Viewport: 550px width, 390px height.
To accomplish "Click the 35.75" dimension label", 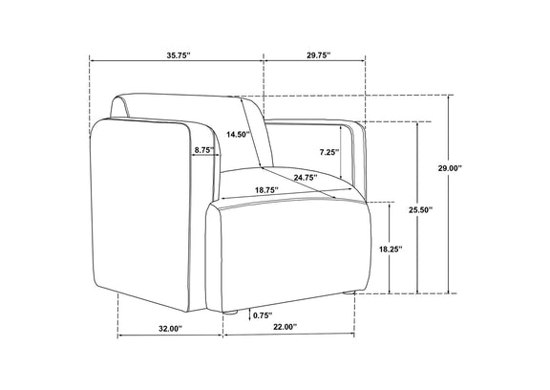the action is (179, 55).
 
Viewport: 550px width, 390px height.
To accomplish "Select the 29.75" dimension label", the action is (319, 55).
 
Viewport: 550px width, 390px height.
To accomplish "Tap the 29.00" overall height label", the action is (450, 168).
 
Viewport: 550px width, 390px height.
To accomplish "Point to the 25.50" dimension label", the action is (420, 210).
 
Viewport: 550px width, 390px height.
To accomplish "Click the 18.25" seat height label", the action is (391, 249).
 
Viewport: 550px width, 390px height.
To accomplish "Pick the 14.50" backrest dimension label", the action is (238, 134).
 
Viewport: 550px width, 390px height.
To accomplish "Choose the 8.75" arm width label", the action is (205, 150).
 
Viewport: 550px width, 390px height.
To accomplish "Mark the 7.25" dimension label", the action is (329, 152).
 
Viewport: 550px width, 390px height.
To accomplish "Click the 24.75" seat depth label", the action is (306, 178).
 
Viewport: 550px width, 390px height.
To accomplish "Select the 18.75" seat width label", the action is (267, 190).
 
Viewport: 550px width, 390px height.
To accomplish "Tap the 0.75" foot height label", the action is (263, 315).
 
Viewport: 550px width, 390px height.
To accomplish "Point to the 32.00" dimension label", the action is (171, 329).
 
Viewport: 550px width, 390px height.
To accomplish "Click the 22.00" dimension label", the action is (286, 327).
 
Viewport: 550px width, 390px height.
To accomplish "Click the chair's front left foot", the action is (230, 313).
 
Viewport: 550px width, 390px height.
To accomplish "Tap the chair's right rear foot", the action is (349, 292).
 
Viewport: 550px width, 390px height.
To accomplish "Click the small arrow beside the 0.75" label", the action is (249, 314).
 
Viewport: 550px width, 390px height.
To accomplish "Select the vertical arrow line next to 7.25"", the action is (341, 152).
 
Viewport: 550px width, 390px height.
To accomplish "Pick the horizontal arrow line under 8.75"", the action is (205, 155).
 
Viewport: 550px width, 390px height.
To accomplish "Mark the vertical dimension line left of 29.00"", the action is (448, 194).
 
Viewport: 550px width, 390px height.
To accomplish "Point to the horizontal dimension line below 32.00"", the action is (170, 336).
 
